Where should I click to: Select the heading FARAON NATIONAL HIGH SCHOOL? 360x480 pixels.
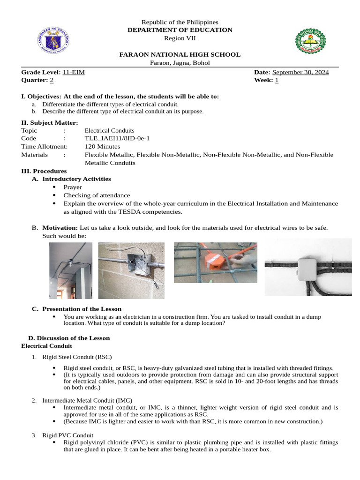click(x=180, y=54)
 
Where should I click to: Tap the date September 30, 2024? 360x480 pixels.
click(x=300, y=72)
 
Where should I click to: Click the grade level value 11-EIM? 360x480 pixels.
click(x=74, y=72)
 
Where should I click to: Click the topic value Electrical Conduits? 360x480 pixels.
click(x=109, y=130)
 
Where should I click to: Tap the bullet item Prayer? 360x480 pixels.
click(x=73, y=187)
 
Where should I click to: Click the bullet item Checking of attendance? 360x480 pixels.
click(x=97, y=195)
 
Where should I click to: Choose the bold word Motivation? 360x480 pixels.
click(x=60, y=227)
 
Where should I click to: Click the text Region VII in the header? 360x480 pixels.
click(x=180, y=38)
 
